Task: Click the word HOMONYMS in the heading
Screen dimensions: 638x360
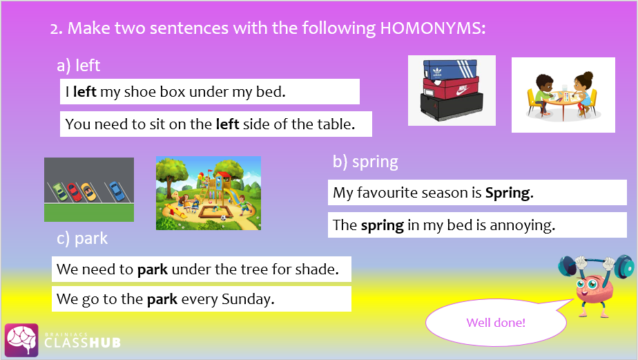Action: pos(432,28)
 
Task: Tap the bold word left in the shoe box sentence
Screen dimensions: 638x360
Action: pos(85,92)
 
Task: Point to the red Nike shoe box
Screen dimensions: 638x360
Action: pos(452,88)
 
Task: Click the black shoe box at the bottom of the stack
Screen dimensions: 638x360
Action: pos(452,106)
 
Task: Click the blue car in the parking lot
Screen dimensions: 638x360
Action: pos(117,191)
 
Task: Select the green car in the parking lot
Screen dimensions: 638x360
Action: pos(61,192)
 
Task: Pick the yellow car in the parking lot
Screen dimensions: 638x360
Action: pos(88,192)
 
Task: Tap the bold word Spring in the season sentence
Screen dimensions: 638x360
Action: pos(509,193)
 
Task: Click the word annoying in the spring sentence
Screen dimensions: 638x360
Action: pos(523,225)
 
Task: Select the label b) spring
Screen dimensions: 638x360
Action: pos(365,162)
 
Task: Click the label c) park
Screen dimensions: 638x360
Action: pos(82,238)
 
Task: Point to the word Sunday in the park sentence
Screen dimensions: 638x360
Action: pos(248,299)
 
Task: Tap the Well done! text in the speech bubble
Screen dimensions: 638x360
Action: pos(496,323)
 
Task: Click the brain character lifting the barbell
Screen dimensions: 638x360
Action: pos(595,285)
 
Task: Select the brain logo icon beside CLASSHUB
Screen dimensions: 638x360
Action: pos(21,341)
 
